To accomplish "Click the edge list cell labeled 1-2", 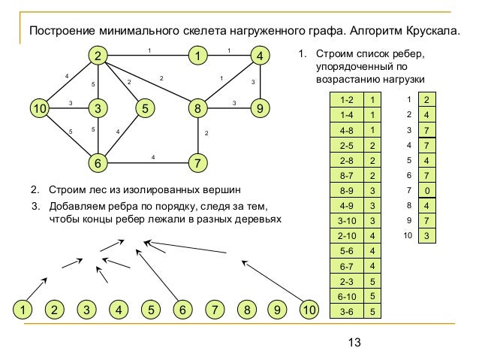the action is (346, 99).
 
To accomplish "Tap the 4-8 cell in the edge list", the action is (346, 129).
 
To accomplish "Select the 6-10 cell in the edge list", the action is (346, 295).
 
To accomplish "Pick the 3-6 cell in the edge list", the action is (346, 310).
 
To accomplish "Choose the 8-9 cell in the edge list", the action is (346, 189).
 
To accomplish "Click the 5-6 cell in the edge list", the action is (346, 250).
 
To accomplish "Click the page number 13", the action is (355, 343).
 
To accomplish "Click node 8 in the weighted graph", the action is (197, 108).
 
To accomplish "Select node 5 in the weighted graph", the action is (143, 108).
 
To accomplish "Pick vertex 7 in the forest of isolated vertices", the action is (215, 310).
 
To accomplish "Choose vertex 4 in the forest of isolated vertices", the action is (119, 310).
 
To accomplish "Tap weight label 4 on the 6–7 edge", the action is (153, 156).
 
